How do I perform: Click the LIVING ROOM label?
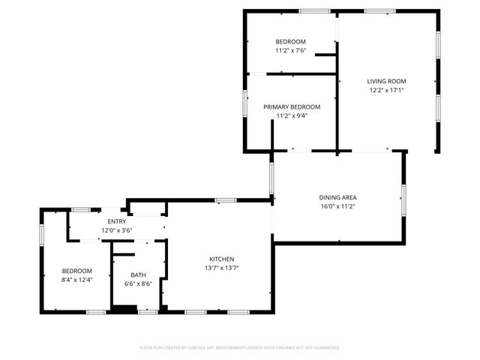386,81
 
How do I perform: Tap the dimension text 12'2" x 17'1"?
386,91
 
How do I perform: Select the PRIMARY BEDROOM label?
292,106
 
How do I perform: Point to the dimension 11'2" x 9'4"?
292,115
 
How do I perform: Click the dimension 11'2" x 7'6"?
290,50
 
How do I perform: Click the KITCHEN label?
221,259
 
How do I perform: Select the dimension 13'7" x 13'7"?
221,268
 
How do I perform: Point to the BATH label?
138,274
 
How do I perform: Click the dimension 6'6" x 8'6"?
138,283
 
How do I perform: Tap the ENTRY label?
116,221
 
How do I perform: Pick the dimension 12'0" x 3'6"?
116,230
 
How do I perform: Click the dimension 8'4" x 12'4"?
76,280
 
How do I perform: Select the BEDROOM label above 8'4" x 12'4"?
76,271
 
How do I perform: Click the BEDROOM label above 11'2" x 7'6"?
290,41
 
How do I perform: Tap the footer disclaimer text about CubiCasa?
240,347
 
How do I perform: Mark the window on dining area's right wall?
404,195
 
